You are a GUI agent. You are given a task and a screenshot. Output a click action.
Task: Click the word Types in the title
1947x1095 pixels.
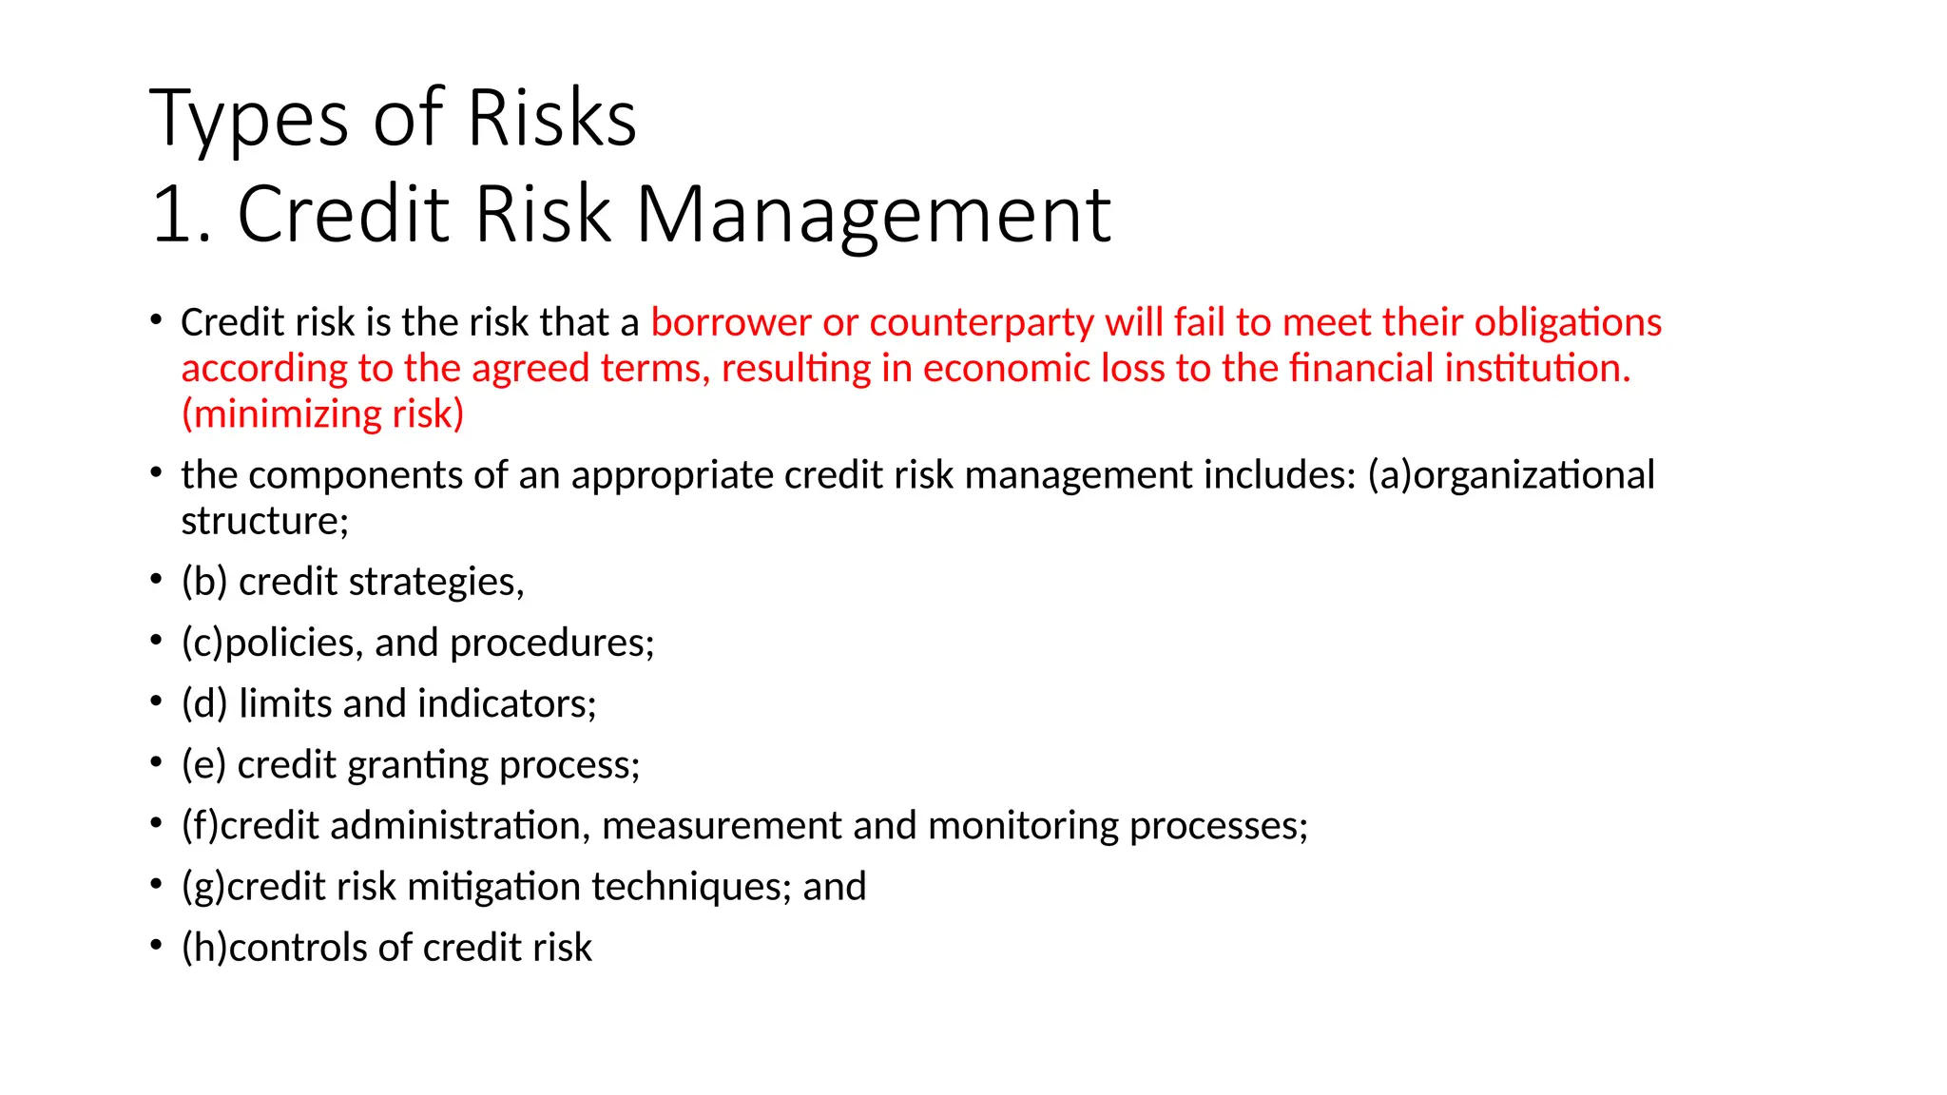[249, 118]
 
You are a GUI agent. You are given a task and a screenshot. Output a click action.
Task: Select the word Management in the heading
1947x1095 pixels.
[873, 215]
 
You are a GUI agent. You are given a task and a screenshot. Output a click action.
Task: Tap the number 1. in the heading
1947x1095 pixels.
[181, 215]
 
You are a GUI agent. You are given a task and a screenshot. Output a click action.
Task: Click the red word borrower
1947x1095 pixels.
[731, 322]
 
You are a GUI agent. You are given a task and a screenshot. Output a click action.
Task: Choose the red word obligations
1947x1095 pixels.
[1568, 322]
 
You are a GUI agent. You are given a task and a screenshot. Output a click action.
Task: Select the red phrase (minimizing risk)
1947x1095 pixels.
[322, 413]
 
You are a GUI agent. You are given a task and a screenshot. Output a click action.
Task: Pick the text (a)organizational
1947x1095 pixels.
[1511, 474]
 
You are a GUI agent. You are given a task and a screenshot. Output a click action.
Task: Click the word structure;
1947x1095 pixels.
[265, 520]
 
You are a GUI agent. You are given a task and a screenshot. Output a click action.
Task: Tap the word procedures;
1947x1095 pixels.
[552, 643]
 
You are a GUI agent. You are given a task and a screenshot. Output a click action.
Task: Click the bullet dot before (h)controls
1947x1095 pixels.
[156, 946]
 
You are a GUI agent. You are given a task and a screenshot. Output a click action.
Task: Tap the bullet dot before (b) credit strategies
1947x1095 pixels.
[156, 580]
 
